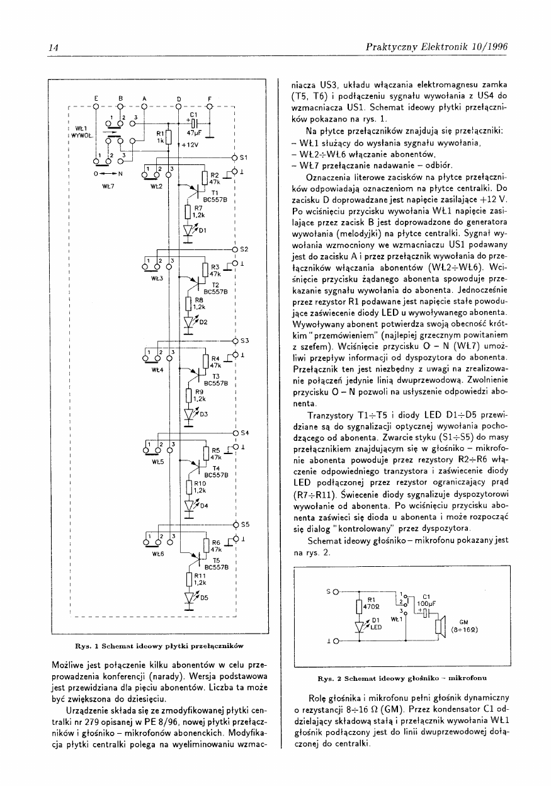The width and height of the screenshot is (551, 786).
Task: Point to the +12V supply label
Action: pos(191,144)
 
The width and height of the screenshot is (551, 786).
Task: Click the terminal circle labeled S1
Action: pos(234,157)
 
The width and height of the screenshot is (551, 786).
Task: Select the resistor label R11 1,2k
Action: pos(200,578)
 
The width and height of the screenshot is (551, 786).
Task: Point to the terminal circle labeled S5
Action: pos(234,524)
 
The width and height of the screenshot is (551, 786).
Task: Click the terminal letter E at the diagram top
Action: pos(96,98)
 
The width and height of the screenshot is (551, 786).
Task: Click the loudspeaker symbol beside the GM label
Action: pos(440,627)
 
